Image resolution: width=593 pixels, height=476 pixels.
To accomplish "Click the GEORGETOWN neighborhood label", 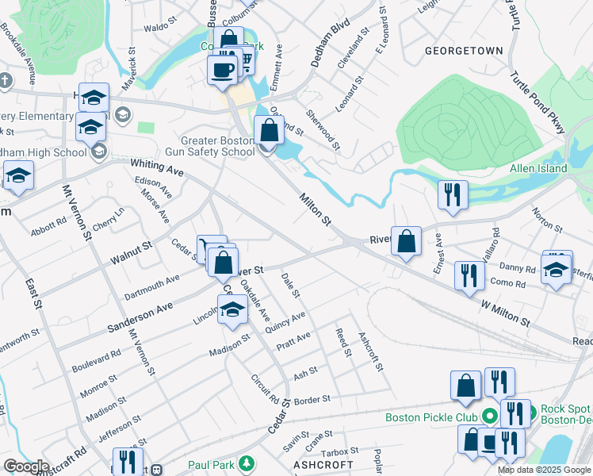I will click(464, 51).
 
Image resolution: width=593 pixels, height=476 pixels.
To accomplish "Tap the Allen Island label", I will click(538, 168).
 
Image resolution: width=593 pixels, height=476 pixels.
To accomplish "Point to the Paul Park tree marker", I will click(247, 463).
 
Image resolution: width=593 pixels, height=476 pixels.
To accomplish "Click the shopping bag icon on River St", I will click(406, 244).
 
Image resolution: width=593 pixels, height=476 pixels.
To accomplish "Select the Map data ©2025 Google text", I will click(544, 470).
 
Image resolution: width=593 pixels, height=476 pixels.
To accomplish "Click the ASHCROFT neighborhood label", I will click(322, 464).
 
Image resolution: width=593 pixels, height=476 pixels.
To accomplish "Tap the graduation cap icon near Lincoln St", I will click(232, 310).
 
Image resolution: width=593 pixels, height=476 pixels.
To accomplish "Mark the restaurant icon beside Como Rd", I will click(469, 275).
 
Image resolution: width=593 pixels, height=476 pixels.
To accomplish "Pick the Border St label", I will click(311, 401).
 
